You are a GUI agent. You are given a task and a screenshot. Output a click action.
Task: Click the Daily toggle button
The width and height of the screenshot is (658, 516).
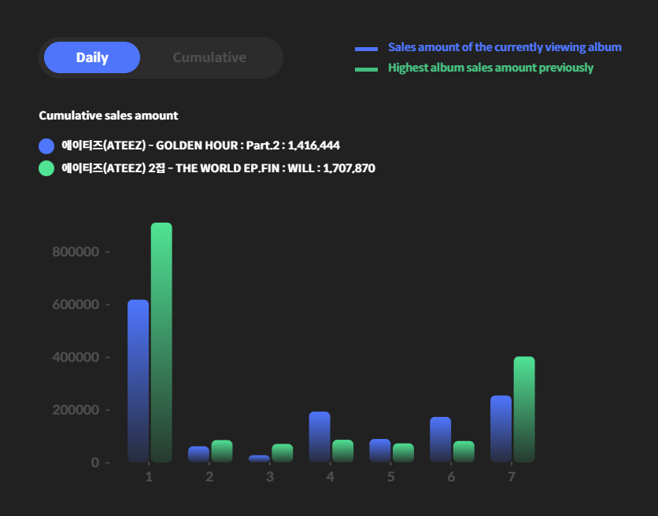(x=92, y=57)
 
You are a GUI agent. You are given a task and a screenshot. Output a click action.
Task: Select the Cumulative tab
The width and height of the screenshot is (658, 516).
(x=209, y=57)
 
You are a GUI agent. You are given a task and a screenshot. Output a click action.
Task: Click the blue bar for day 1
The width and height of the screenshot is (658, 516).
(x=138, y=381)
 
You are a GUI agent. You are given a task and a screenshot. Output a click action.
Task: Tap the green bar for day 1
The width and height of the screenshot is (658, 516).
(x=161, y=342)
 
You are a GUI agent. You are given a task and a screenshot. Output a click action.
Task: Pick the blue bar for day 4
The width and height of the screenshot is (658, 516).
(x=320, y=437)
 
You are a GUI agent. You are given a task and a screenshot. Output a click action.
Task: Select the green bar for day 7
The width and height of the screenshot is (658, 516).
(x=524, y=409)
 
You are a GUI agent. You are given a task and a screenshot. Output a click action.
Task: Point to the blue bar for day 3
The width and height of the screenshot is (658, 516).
(x=259, y=458)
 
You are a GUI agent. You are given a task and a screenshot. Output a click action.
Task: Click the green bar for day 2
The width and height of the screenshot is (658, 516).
(x=222, y=451)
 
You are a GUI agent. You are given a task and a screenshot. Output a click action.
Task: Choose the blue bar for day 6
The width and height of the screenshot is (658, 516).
(x=441, y=439)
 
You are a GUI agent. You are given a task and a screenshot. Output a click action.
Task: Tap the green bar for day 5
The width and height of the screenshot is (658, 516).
(x=403, y=452)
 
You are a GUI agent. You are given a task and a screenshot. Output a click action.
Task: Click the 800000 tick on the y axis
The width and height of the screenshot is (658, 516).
(x=76, y=252)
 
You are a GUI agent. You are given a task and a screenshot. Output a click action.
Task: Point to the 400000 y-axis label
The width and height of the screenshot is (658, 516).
(x=76, y=357)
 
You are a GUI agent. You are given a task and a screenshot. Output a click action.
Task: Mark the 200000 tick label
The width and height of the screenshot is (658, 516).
(x=76, y=410)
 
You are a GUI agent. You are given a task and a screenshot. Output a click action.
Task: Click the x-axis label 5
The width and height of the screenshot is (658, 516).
(x=390, y=477)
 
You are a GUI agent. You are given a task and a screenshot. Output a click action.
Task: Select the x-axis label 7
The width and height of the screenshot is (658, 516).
(x=512, y=477)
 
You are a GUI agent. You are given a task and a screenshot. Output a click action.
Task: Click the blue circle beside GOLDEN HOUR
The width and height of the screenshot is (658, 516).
(x=46, y=146)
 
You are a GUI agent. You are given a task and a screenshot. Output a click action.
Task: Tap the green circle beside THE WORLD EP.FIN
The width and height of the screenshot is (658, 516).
(x=46, y=168)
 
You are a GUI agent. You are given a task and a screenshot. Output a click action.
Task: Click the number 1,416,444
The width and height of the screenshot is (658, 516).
(x=314, y=146)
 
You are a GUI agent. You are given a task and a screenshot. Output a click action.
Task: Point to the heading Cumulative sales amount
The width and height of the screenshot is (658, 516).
(x=109, y=116)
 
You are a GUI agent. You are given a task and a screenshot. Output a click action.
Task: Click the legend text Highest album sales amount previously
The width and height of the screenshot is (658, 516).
(x=490, y=68)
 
